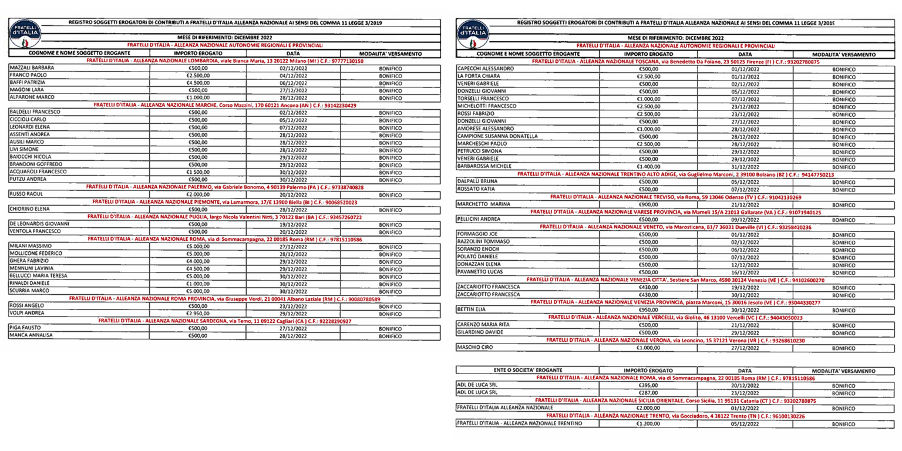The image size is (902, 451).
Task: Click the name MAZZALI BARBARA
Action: coord(33,68)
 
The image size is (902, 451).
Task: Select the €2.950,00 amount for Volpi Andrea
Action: coord(198,314)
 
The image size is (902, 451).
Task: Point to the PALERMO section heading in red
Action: coord(225,187)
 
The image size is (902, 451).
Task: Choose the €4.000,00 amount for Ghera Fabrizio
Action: coord(198,261)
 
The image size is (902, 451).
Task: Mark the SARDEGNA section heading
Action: coord(225,321)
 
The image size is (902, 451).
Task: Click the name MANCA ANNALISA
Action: coord(31,336)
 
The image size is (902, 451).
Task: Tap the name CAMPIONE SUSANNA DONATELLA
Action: coord(497,136)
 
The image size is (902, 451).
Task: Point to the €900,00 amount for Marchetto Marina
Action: coord(647,204)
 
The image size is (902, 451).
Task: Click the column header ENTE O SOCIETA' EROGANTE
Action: coord(528,371)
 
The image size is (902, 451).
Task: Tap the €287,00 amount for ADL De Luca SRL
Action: coord(647,393)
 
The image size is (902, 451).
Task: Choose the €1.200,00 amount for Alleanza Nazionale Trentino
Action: coord(647,423)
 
